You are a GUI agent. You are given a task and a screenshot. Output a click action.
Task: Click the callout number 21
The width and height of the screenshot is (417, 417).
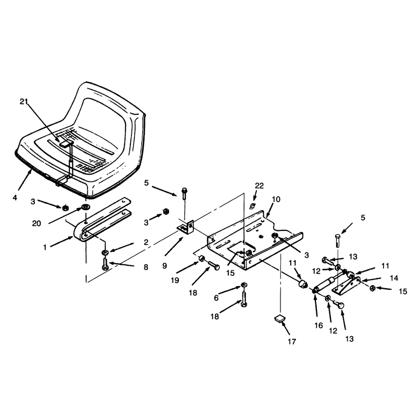23,101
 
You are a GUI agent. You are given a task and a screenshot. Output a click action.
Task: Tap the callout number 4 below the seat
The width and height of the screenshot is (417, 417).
15,198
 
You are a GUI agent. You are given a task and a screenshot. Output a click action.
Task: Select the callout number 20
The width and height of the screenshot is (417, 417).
36,224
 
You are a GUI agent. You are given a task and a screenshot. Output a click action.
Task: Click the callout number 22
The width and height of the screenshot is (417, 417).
259,186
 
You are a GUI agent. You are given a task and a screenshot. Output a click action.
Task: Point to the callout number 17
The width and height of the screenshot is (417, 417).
292,341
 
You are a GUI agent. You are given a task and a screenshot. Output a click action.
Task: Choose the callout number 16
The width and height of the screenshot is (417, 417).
318,325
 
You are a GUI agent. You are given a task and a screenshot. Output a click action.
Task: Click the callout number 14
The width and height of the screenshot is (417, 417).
394,278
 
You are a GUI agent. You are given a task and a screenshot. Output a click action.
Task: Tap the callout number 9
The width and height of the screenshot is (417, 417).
164,265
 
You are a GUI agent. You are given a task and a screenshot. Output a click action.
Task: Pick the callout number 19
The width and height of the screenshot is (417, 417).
175,280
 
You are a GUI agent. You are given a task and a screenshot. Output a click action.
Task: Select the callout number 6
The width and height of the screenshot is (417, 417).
216,298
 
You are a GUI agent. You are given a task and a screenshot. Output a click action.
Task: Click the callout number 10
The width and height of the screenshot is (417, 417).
276,199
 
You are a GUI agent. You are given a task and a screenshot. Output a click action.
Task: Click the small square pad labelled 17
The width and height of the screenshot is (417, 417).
279,318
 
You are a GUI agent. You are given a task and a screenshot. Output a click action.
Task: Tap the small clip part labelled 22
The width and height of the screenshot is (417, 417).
252,205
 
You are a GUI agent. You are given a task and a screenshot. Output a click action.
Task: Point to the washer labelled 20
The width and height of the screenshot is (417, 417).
85,206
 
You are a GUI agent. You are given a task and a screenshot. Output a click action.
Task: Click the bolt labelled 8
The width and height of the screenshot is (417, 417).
105,264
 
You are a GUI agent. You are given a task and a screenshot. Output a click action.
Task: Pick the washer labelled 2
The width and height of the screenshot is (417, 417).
105,252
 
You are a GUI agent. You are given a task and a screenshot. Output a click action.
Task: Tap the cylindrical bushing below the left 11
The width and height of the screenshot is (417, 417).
303,284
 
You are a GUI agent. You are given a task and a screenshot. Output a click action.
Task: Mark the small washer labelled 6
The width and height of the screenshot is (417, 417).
244,285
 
